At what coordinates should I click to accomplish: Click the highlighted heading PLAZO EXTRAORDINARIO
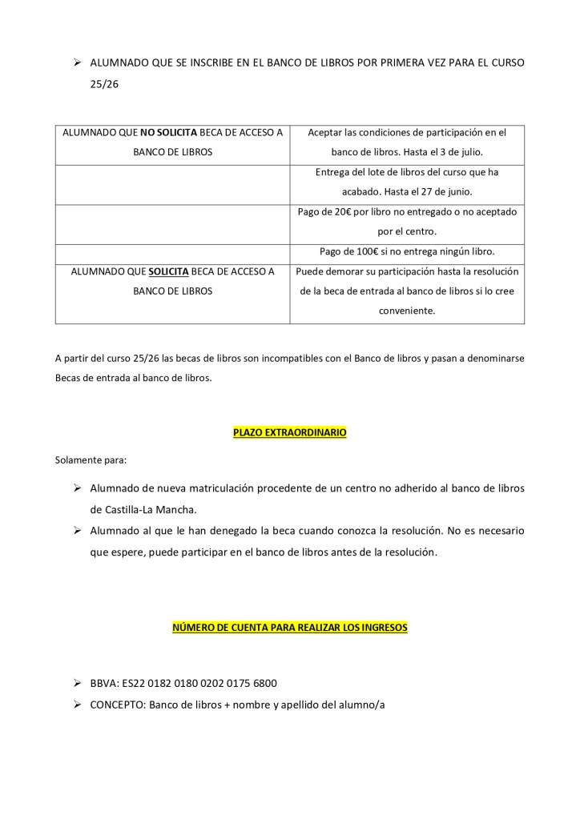289,432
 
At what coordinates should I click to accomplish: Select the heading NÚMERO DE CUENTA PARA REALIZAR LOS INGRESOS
289,628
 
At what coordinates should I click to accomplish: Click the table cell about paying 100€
407,251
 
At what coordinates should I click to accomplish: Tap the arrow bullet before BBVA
77,684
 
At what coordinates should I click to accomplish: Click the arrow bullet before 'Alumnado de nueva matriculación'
77,488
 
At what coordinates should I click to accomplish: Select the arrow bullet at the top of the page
77,62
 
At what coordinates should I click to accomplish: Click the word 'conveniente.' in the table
407,311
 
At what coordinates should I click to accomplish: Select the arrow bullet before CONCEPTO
77,704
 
